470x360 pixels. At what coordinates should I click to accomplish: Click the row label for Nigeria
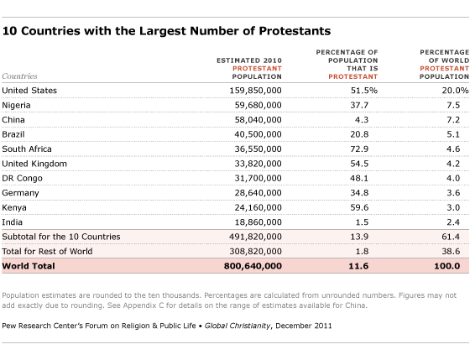coord(16,106)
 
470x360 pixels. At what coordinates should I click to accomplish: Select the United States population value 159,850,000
coord(255,91)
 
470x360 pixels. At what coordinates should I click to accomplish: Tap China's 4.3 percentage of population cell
coord(362,120)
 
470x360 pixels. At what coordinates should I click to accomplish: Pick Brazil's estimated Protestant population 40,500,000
coord(258,134)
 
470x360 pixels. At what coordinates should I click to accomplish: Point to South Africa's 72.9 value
coord(359,149)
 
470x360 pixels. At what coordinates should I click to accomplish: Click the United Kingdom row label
coord(34,164)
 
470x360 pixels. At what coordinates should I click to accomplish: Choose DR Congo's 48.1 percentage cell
coord(359,178)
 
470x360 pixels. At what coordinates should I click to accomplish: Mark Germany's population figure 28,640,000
coord(258,193)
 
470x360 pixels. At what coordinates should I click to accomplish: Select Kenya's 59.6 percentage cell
coord(359,207)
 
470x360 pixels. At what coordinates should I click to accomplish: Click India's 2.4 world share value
coord(453,222)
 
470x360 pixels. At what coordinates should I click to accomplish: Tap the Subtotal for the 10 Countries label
coord(61,237)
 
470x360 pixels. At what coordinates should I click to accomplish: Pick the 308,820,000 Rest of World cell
coord(255,251)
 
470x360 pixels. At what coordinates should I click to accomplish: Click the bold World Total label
coord(29,266)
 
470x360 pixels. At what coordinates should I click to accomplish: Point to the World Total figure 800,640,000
coord(253,266)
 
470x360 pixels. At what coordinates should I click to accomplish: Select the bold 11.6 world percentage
coord(358,266)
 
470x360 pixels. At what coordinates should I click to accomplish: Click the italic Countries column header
coord(19,76)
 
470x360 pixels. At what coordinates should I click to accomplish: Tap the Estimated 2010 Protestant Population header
coord(249,69)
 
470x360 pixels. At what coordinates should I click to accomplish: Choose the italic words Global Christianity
coord(238,326)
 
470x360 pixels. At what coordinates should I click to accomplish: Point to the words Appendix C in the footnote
coord(143,305)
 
